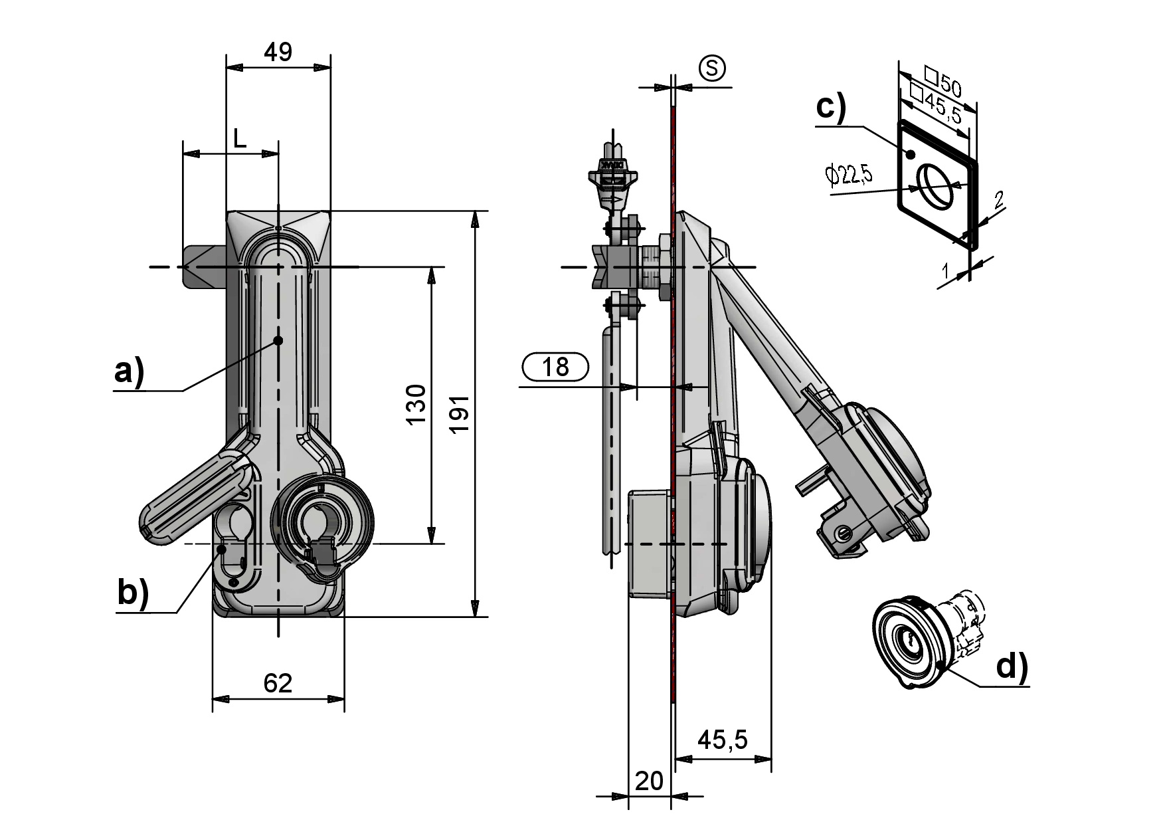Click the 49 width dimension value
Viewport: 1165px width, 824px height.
tap(278, 52)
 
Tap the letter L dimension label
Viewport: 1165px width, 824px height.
tap(240, 139)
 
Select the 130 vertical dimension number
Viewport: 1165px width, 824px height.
tap(416, 405)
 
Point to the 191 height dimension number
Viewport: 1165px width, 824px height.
tap(460, 414)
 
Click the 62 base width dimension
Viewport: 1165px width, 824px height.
tap(278, 682)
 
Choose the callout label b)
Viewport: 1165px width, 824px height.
tap(133, 593)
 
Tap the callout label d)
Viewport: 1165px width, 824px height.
tap(1012, 667)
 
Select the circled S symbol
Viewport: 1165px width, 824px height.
tap(712, 68)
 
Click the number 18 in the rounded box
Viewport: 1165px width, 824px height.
tap(556, 366)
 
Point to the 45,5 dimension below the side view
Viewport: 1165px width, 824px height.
tap(723, 740)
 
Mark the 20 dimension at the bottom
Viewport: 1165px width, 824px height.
tap(648, 781)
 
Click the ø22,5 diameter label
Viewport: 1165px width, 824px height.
tap(849, 175)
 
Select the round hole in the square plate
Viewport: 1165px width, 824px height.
tap(935, 186)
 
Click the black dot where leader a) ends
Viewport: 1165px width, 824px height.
tap(278, 340)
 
